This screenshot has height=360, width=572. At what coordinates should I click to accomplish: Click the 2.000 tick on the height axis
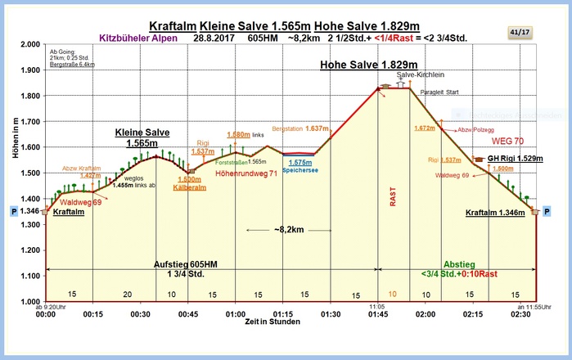tap(30, 44)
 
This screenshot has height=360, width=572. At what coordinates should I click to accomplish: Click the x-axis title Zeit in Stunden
tap(281, 324)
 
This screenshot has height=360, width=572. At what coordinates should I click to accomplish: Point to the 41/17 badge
tap(520, 32)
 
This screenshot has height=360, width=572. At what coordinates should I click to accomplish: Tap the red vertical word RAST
tap(392, 197)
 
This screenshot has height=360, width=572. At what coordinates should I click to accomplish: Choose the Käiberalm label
tap(189, 187)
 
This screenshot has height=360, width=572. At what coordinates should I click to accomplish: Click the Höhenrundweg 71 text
tap(244, 173)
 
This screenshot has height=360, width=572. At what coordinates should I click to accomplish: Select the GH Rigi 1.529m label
tap(515, 158)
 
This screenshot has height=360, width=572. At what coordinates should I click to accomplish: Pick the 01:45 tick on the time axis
tap(376, 313)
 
